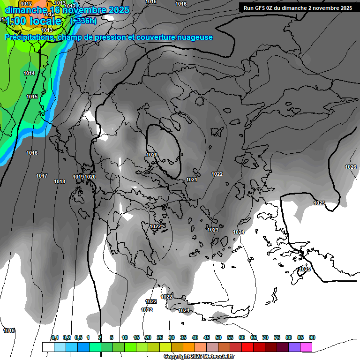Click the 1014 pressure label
pos(29,73)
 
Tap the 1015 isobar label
pos(32,97)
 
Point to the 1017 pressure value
pos(42,176)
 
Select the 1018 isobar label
pos(60,181)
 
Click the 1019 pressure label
pos(78,177)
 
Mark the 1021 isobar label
pos(191,180)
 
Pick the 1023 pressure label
pos(213,230)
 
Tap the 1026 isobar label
pos(351,167)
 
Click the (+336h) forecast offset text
pos(83,21)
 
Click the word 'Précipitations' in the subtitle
pos(29,37)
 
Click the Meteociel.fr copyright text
pos(199,357)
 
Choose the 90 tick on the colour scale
pos(312,337)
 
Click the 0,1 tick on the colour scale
pos(54,337)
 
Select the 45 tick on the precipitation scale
pos(207,337)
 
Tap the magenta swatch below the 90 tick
pos(307,347)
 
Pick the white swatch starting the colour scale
pos(48,347)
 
